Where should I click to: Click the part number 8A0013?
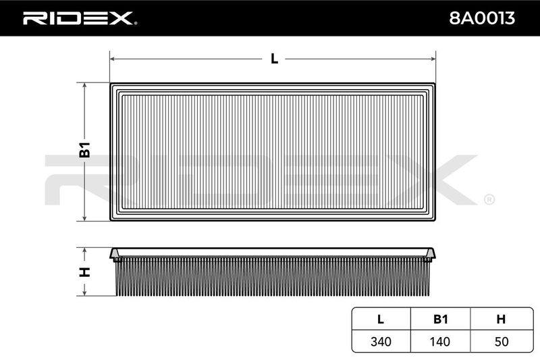[x=481, y=18]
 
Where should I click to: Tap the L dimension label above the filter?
[x=274, y=59]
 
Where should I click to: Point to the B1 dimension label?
[x=85, y=150]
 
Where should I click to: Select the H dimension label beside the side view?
[x=85, y=272]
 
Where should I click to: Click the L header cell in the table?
[x=381, y=319]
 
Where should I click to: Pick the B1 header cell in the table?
[x=440, y=319]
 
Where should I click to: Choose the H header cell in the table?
[x=501, y=319]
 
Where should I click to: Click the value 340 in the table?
[x=381, y=342]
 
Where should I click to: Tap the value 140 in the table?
[x=440, y=342]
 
